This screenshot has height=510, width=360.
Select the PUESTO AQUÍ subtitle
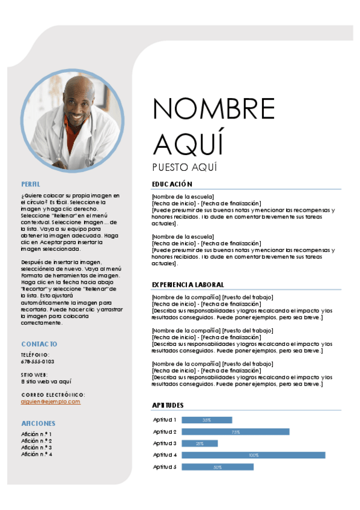185,167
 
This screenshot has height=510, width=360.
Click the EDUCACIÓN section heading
172,184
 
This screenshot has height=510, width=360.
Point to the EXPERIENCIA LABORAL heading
188,284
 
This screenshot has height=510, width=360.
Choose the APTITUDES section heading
168,405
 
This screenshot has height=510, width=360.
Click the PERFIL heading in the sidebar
31,184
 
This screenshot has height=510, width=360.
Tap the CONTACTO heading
39,344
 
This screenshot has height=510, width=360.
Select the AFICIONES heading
38,423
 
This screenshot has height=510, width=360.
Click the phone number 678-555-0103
37,361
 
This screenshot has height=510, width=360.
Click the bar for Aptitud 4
253,455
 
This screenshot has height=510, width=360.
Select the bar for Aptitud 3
200,443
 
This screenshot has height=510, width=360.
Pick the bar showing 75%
236,432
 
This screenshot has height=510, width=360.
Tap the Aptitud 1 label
165,420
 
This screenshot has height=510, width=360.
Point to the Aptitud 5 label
165,467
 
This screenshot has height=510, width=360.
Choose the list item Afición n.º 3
37,447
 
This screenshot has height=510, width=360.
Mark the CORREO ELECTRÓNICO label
53,395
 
